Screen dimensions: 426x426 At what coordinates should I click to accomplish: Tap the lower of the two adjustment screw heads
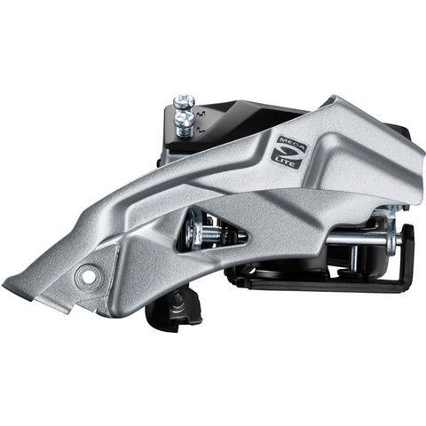(x=184, y=115)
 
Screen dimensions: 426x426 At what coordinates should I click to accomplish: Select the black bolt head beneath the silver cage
(x=177, y=303)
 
